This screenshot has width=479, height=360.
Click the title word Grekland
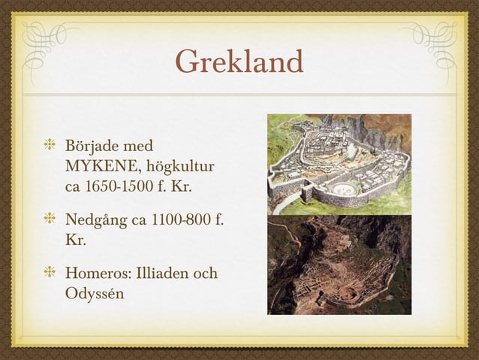coord(239,62)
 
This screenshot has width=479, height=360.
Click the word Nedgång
coord(95,223)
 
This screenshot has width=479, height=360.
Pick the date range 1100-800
coord(173,222)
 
